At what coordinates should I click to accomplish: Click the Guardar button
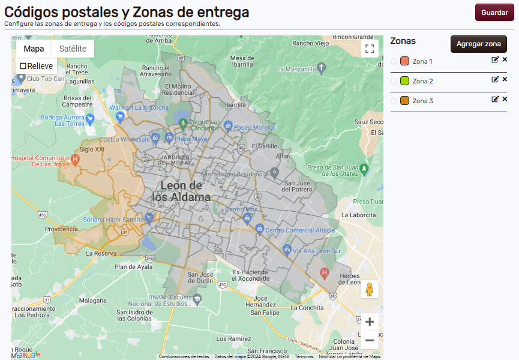pos(494,12)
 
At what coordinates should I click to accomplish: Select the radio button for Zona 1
pos(394,61)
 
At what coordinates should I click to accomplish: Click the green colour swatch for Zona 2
pos(404,81)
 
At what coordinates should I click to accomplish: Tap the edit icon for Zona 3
pos(495,99)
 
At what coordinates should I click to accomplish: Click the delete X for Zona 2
pos(505,79)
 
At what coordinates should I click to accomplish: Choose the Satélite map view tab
pos(73,49)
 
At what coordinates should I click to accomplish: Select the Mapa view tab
pos(34,49)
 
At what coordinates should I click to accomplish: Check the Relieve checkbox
pos(23,66)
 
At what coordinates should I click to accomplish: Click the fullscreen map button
pos(370,49)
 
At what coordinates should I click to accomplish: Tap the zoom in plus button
pos(370,322)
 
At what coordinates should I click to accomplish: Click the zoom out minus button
pos(370,340)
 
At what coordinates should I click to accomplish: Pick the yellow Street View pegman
pos(370,289)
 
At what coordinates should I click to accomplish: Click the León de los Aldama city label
pos(181,191)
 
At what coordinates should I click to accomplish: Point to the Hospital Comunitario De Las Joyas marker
pos(75,160)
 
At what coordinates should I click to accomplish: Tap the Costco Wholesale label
pos(124,139)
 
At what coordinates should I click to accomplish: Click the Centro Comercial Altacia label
pos(300,230)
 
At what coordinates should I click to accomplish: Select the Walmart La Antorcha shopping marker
pos(121,115)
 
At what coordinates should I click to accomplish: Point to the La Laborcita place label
pos(359,214)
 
